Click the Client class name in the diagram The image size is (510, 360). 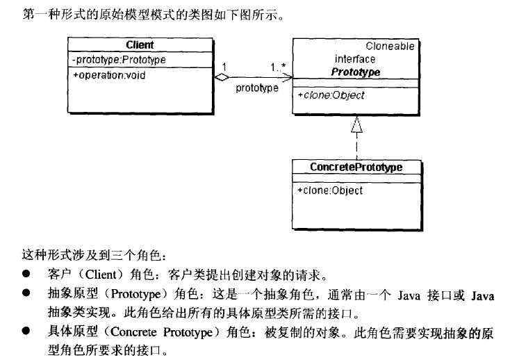[140, 46]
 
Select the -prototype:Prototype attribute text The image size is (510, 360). [119, 60]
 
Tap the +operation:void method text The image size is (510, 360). [109, 75]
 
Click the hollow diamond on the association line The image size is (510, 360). [222, 77]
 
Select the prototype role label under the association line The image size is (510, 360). [257, 88]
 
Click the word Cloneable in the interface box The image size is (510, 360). [390, 47]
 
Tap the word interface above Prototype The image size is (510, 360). [354, 60]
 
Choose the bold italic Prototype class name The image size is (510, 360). [355, 72]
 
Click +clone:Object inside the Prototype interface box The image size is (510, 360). [331, 95]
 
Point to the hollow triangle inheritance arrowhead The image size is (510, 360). [356, 124]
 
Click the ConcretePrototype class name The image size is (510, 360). [356, 167]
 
